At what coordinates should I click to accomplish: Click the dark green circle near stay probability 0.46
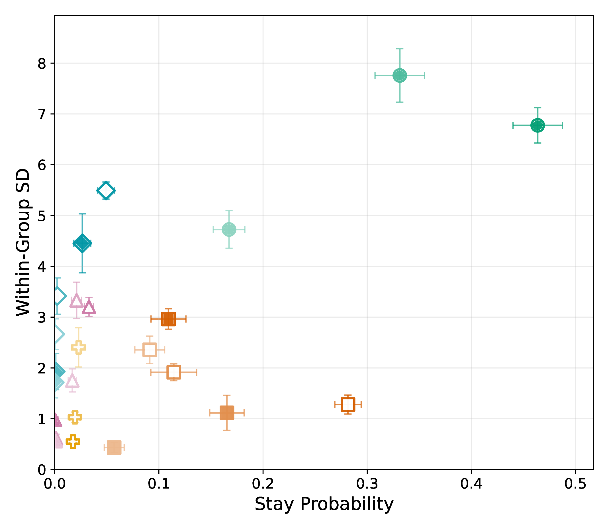538,125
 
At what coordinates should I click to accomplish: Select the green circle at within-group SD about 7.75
400,75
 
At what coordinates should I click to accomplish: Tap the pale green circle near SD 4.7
229,229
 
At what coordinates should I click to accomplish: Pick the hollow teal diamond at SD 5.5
106,191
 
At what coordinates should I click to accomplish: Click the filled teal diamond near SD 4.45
82,243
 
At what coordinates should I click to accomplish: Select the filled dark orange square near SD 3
169,319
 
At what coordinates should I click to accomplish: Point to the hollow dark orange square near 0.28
348,405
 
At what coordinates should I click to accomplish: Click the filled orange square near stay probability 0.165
227,413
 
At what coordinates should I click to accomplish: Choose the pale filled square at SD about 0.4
114,448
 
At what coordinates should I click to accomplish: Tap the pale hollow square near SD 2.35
150,350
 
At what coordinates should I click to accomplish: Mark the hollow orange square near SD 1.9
173,372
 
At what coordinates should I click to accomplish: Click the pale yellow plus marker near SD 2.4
79,348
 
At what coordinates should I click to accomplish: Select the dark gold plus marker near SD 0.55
73,442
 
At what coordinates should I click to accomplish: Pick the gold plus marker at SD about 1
75,417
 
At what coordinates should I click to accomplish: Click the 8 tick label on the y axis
42,64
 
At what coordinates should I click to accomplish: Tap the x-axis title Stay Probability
324,504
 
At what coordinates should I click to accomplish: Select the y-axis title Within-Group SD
23,242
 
